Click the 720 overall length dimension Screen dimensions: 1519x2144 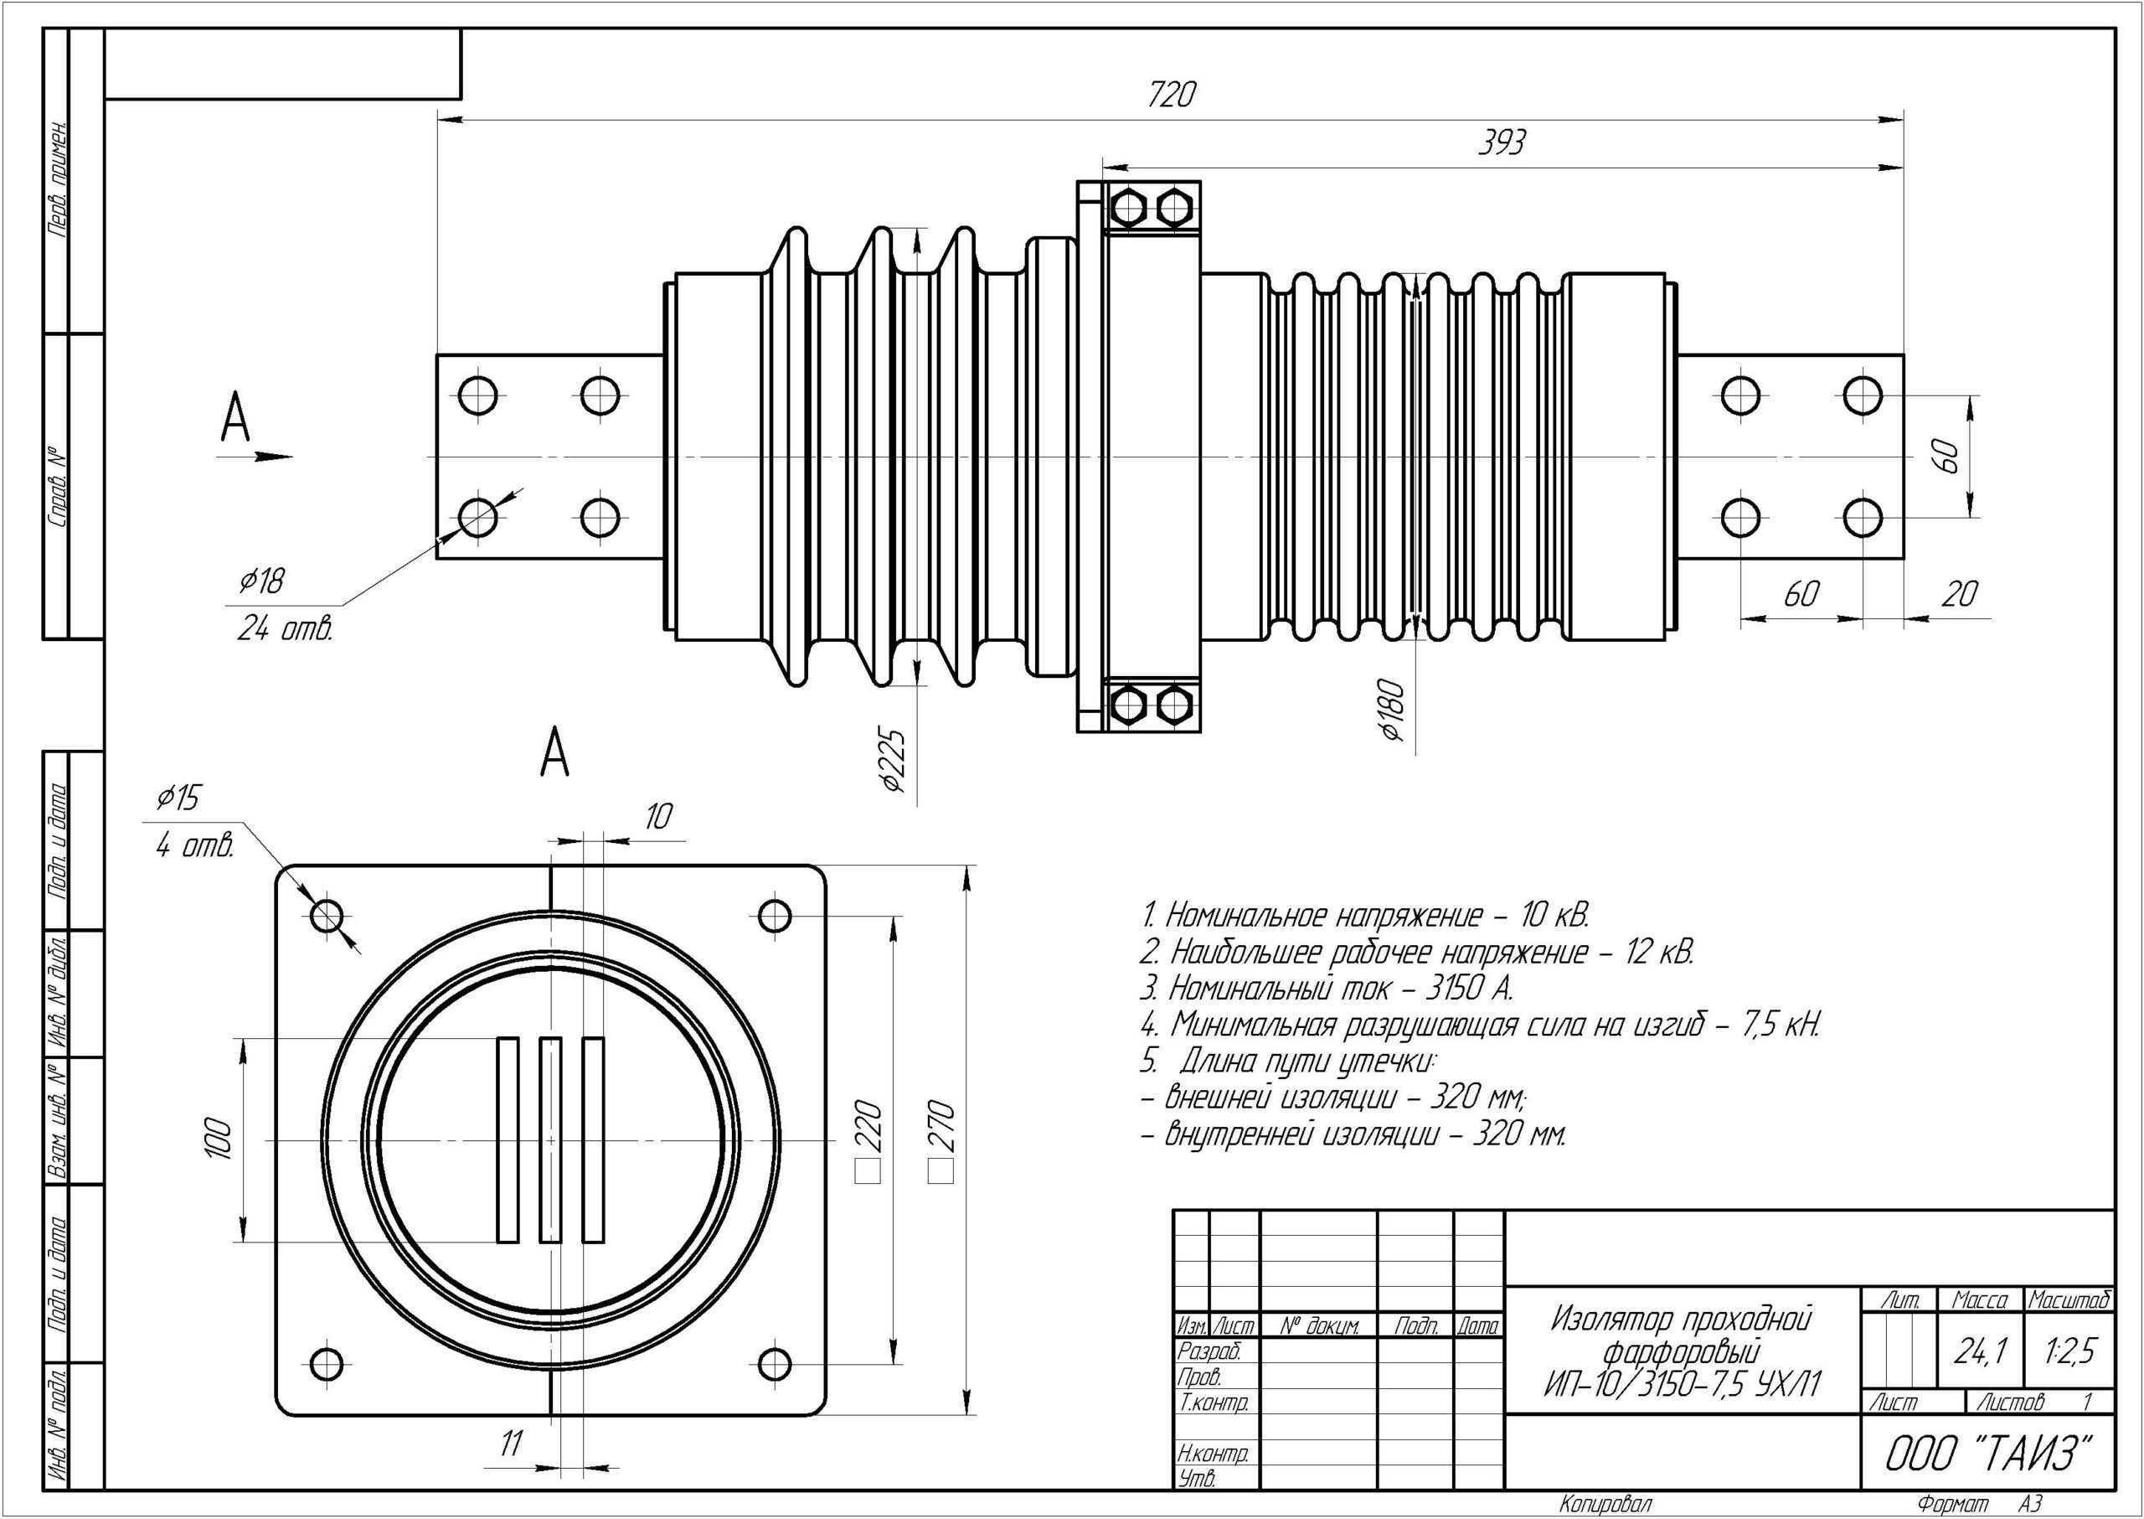(x=1172, y=96)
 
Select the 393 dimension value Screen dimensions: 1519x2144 (x=1502, y=144)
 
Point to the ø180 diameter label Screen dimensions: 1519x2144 (x=1392, y=710)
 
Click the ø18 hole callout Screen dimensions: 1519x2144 (x=262, y=581)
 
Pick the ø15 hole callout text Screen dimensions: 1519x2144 (x=178, y=798)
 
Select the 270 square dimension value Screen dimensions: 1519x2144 (x=941, y=1127)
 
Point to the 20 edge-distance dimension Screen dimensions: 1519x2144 (x=1959, y=594)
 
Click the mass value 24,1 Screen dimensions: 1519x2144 (x=1980, y=1350)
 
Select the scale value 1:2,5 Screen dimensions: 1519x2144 (x=2071, y=1350)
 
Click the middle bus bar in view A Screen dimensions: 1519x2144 (x=551, y=1139)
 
